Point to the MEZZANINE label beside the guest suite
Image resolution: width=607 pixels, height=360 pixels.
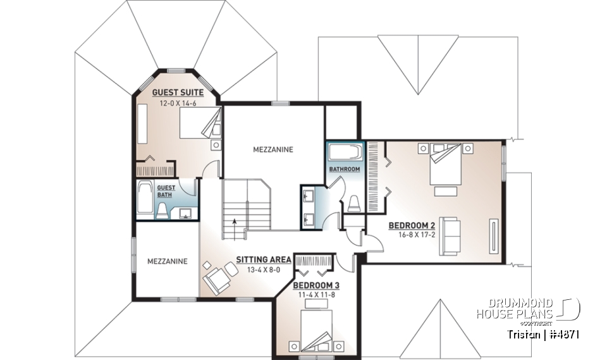(x=273, y=150)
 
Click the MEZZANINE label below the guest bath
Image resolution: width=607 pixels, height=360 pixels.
(x=167, y=261)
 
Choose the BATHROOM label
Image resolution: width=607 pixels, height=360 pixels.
(x=345, y=170)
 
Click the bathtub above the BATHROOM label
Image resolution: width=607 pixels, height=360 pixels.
(x=345, y=152)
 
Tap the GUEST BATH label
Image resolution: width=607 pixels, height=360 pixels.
(x=166, y=191)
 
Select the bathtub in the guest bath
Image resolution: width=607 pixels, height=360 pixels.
(x=144, y=200)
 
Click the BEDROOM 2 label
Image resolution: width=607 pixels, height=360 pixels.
(x=412, y=225)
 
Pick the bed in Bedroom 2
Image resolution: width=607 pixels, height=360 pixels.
(x=446, y=164)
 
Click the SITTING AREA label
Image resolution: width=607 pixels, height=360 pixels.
(x=263, y=259)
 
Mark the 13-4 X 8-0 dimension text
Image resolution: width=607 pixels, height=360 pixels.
(x=263, y=270)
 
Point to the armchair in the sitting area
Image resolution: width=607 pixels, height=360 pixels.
(x=216, y=279)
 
